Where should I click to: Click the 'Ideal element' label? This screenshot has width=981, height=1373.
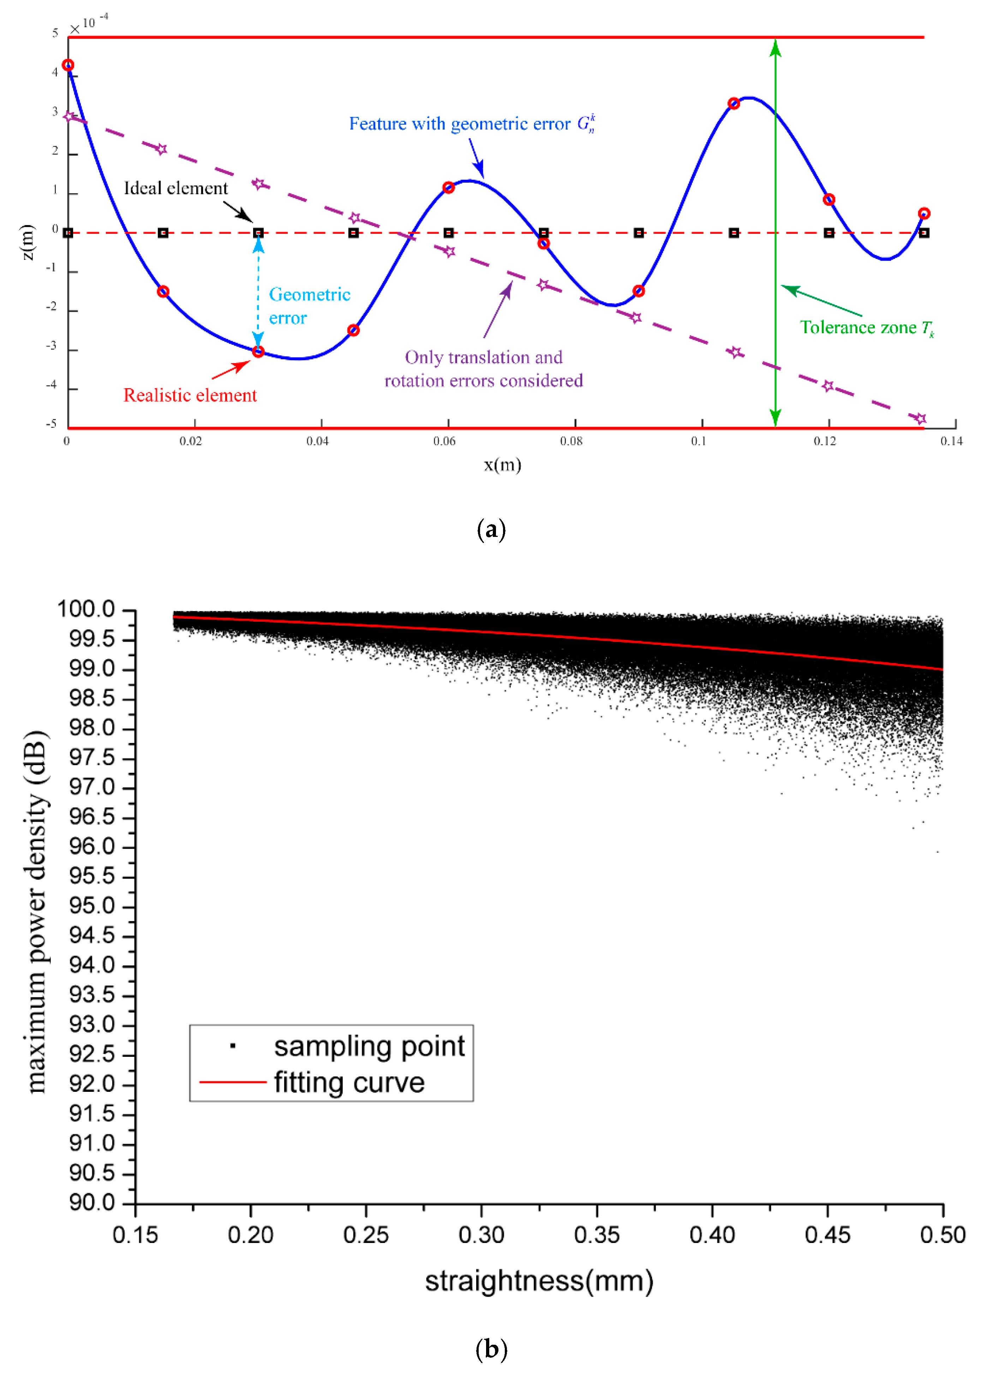pos(176,189)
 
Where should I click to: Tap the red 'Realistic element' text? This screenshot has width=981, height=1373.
pos(190,395)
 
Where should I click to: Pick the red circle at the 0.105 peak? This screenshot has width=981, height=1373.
pos(733,104)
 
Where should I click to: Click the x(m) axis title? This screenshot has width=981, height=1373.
pos(502,465)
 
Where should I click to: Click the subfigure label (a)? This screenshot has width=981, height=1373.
pos(491,529)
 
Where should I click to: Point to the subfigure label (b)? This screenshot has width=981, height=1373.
pos(491,1349)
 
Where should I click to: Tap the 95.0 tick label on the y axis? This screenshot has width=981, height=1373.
pos(92,906)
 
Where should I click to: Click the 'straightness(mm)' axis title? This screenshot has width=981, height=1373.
pos(539,1281)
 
